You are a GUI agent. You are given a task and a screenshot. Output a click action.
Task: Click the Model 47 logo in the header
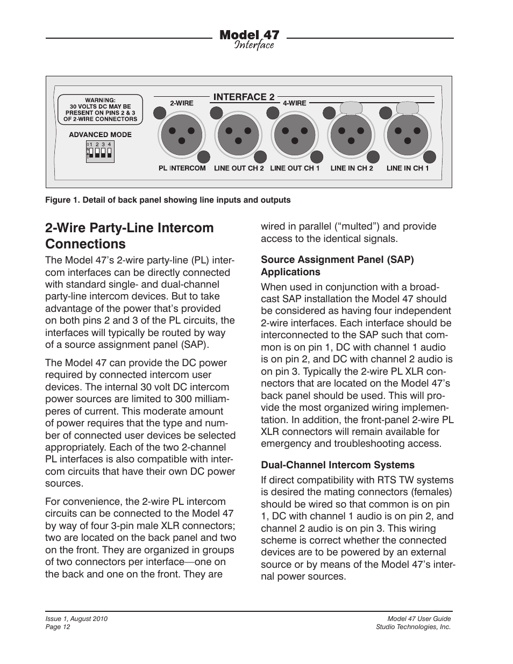(250, 39)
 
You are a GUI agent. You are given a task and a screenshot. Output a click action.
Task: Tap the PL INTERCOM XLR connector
(182, 134)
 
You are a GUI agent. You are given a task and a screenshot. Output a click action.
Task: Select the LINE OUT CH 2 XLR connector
(239, 134)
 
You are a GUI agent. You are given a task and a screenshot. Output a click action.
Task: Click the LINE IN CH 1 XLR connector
(408, 134)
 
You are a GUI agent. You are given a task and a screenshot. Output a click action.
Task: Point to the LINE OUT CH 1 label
(295, 168)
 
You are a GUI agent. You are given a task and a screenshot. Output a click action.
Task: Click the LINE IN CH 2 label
(352, 168)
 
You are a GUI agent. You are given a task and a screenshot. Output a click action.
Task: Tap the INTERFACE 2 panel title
(244, 97)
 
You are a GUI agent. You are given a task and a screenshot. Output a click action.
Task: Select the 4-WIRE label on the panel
(294, 103)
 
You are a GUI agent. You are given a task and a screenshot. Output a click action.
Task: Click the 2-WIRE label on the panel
(182, 103)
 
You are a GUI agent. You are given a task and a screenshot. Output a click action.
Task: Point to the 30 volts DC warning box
(101, 110)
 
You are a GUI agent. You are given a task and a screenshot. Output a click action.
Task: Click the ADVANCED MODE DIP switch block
(99, 153)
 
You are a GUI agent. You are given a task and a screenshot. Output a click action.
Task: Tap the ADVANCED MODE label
(100, 135)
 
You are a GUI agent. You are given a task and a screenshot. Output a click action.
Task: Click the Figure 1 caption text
(168, 200)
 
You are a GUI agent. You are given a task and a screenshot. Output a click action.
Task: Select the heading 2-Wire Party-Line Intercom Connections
(130, 235)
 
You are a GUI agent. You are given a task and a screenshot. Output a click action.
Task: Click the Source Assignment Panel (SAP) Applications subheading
(337, 266)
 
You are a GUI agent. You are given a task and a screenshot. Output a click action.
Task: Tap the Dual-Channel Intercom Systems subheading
(338, 465)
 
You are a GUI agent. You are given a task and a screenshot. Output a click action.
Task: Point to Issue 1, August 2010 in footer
(76, 619)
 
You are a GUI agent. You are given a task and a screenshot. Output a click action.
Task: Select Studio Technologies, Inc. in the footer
(413, 627)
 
